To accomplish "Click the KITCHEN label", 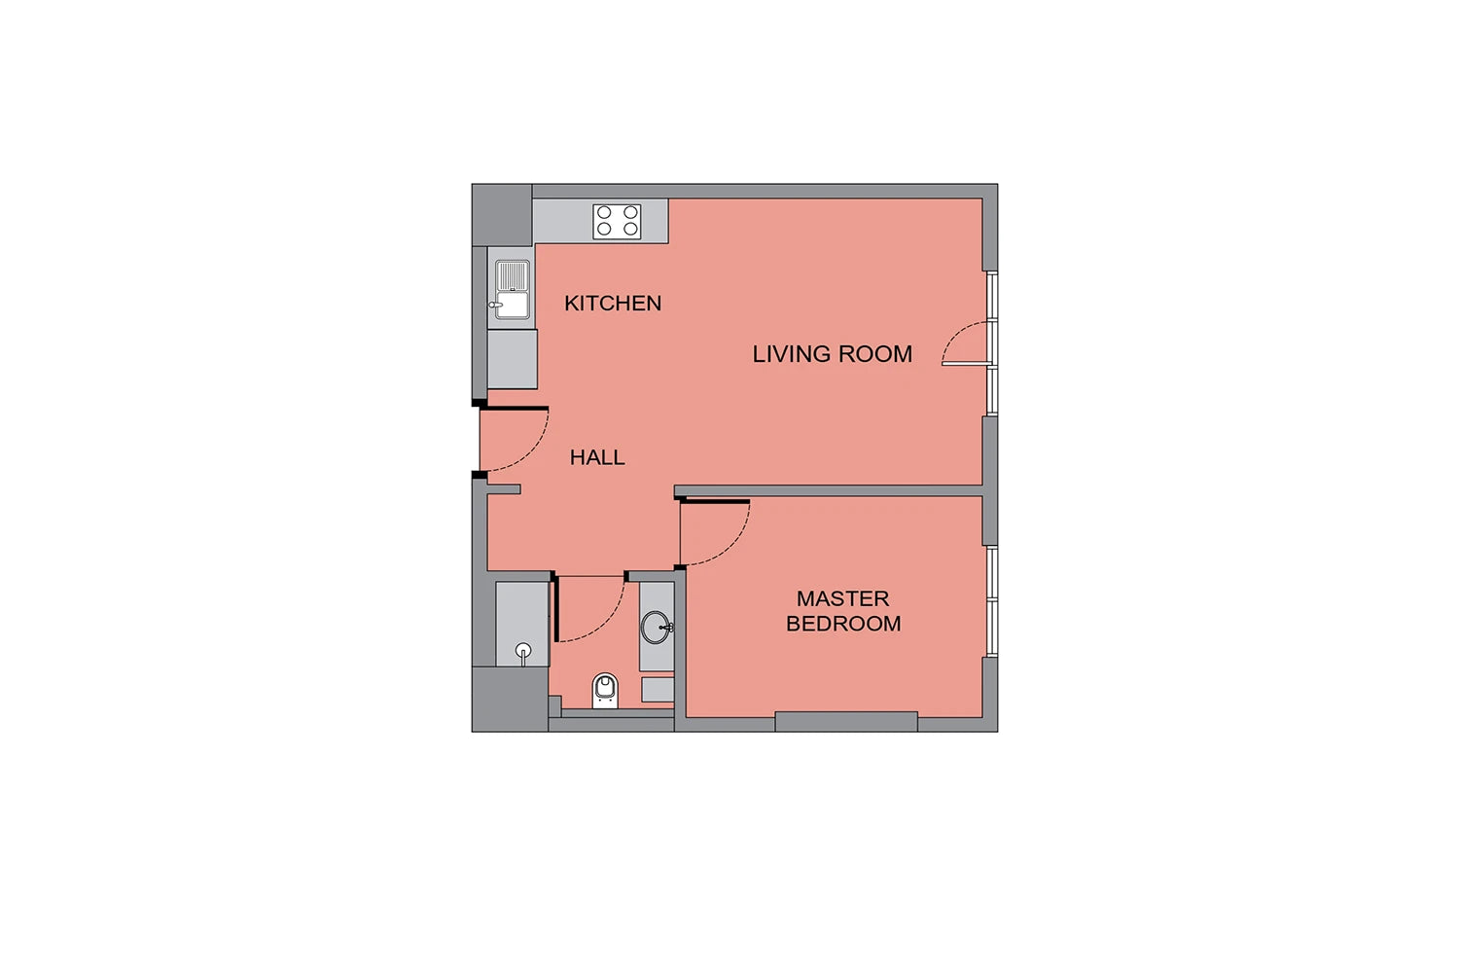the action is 612,303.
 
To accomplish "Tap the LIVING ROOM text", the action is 832,354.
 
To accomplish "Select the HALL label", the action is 597,457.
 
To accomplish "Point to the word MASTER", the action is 842,598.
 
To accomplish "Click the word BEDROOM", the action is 843,624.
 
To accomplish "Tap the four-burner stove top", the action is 617,222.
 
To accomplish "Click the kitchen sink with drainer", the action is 512,290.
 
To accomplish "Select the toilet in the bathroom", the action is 605,691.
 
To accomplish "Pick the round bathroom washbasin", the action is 657,628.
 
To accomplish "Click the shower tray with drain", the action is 522,624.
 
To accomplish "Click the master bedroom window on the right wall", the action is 991,601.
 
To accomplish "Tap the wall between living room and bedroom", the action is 828,490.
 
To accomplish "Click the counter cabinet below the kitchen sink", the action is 513,359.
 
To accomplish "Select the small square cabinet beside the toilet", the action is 658,690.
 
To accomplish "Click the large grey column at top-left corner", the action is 502,215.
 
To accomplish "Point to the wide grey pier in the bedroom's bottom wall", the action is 846,722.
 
